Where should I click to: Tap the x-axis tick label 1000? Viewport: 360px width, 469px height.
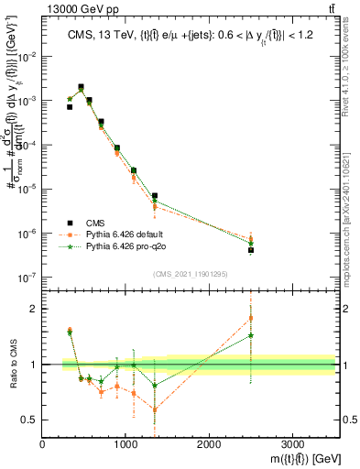tap(125, 444)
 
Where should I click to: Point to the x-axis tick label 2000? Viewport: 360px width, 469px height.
tap(209, 444)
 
